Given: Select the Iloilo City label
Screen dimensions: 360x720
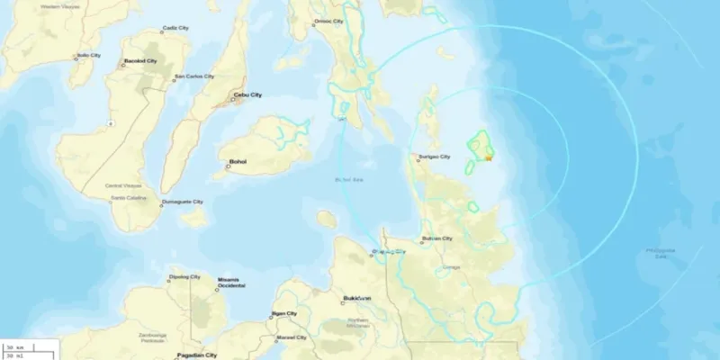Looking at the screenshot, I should click(x=89, y=55).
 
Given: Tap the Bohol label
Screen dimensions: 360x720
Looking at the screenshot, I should click(x=238, y=162).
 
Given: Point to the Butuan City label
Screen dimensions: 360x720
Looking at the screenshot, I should click(x=436, y=238).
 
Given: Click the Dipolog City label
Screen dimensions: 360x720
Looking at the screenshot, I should click(x=185, y=277).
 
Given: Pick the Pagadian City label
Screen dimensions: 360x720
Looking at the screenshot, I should click(x=199, y=355).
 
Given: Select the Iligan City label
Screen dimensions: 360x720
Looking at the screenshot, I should click(x=286, y=313).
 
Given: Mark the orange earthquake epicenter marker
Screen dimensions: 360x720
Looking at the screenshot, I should click(x=487, y=158).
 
